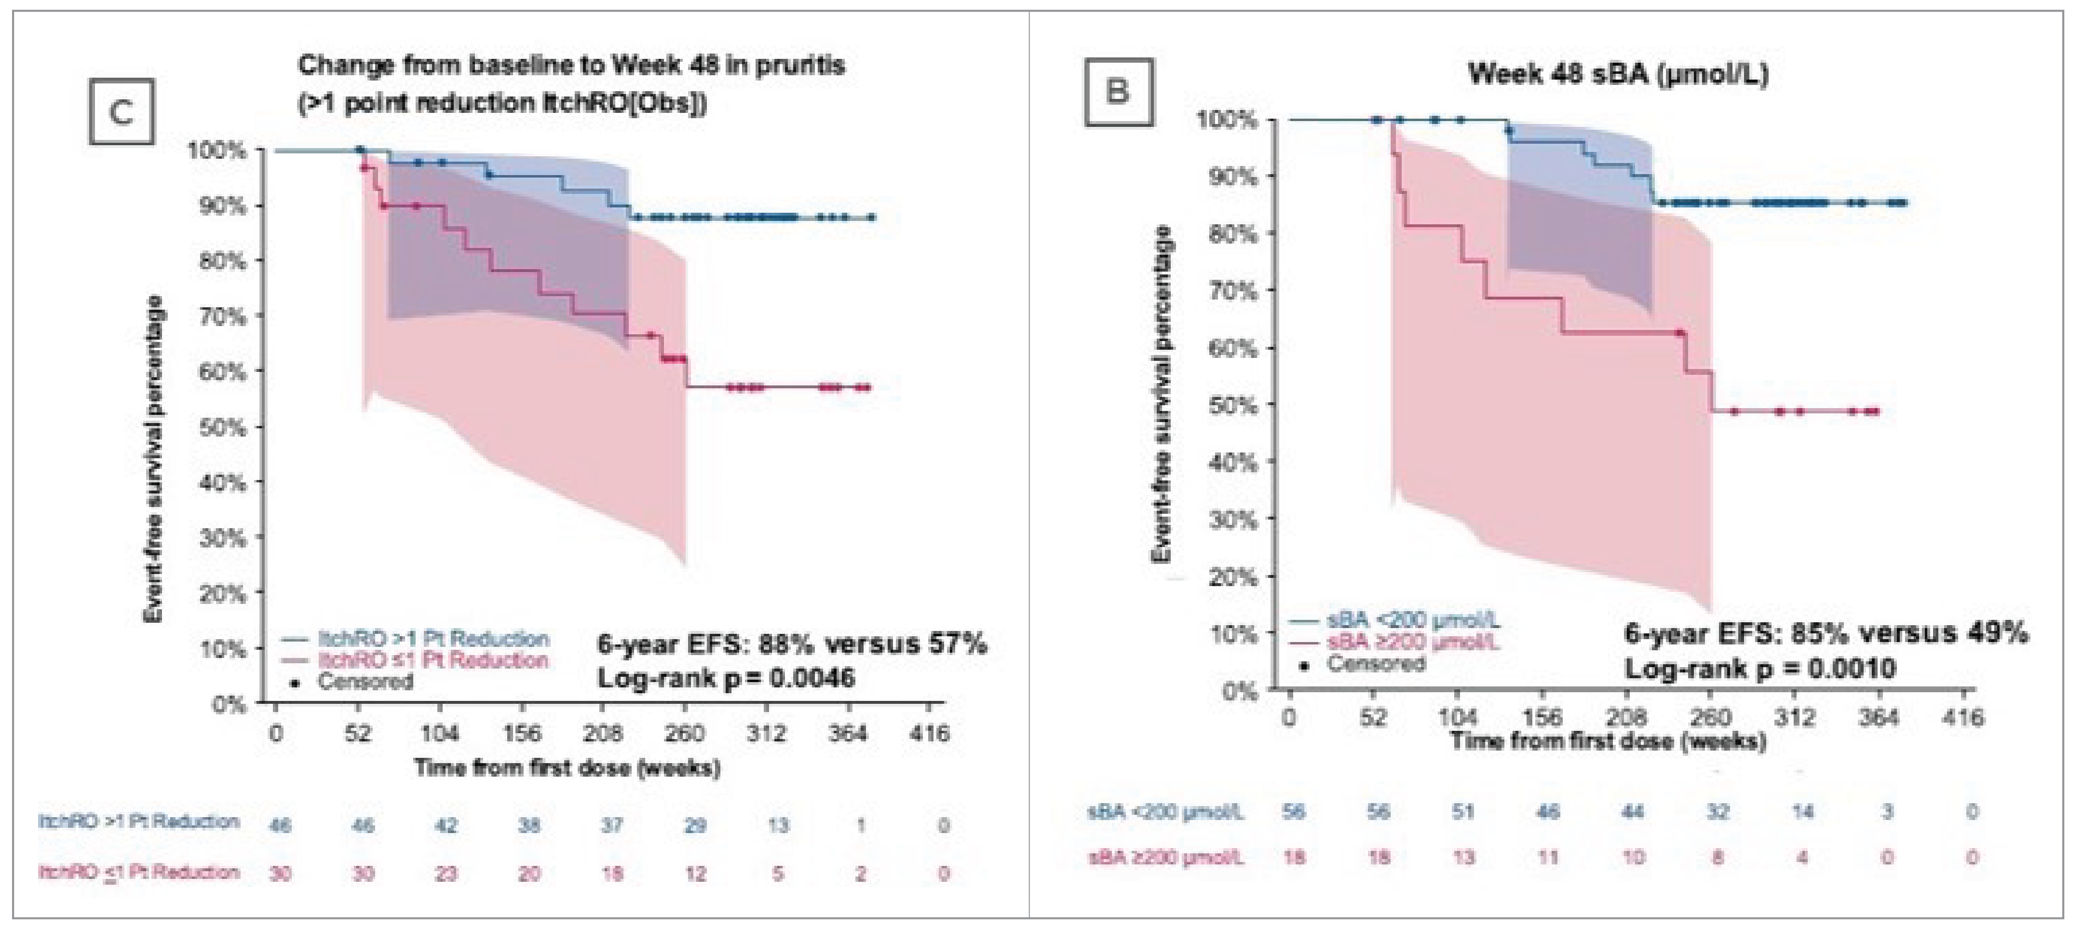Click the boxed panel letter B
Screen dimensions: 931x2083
1118,91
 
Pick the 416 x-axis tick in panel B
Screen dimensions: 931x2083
1963,717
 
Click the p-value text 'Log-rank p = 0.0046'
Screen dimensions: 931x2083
725,678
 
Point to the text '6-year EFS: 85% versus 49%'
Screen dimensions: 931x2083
1826,632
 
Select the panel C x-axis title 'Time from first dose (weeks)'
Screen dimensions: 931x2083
567,767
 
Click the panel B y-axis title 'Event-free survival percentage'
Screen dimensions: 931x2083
1162,395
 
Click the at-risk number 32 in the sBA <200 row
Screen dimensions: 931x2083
1718,811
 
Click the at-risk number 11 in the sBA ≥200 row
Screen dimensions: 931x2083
1548,857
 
